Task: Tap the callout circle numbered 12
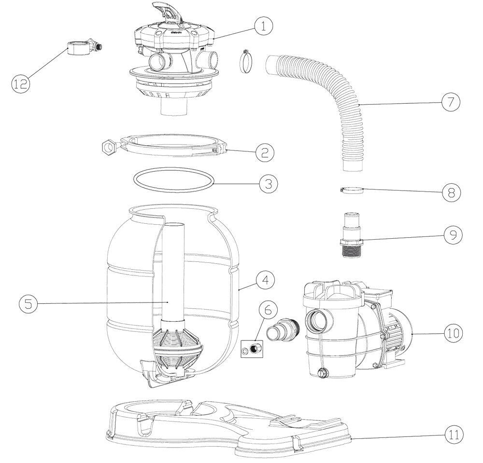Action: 21,83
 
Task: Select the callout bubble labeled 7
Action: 450,102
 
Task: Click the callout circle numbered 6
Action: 269,311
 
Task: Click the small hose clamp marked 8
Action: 351,191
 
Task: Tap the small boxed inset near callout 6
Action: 253,349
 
